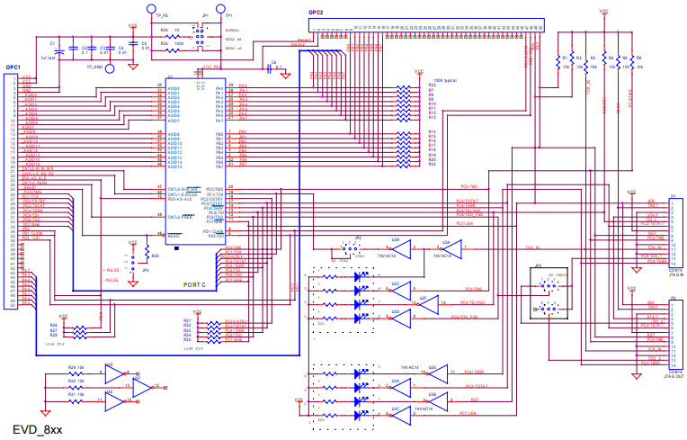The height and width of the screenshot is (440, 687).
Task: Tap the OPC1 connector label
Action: pos(13,67)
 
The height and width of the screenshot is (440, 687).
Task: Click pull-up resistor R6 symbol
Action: pos(634,61)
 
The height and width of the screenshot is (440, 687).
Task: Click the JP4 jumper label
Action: pos(146,270)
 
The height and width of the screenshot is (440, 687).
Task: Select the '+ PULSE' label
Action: pos(112,269)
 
